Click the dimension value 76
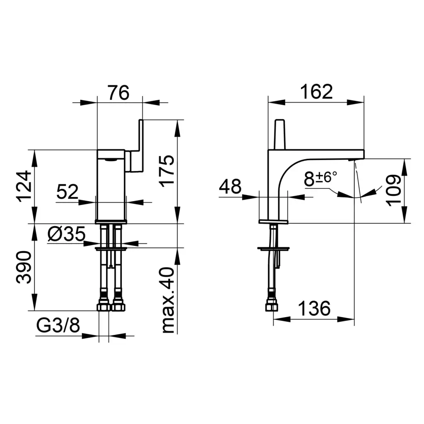[119, 92]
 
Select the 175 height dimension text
[167, 171]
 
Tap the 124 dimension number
[24, 186]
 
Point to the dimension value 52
[67, 192]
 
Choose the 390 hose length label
[24, 267]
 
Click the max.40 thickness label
[168, 300]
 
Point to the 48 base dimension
[230, 186]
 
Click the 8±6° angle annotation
[321, 178]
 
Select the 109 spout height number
[394, 190]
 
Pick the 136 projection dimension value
[314, 308]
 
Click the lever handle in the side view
[279, 135]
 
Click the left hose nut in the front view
[104, 307]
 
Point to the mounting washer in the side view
[273, 248]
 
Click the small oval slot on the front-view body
[111, 160]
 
